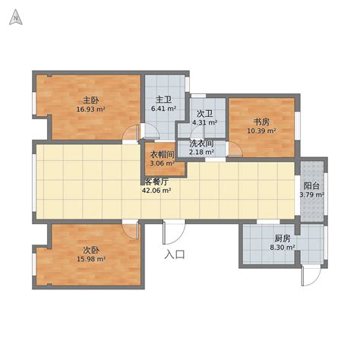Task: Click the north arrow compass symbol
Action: pyautogui.click(x=16, y=17)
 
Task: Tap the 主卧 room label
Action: pyautogui.click(x=91, y=100)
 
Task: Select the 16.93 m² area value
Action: pyautogui.click(x=91, y=109)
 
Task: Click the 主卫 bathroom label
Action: pyautogui.click(x=163, y=99)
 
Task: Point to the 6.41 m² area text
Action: pyautogui.click(x=163, y=109)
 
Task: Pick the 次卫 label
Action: pyautogui.click(x=204, y=114)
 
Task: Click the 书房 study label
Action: pyautogui.click(x=261, y=122)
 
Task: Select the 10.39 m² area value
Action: pyautogui.click(x=261, y=131)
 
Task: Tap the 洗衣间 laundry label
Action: pyautogui.click(x=202, y=144)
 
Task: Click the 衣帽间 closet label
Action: pyautogui.click(x=163, y=154)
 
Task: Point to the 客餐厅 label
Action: pyautogui.click(x=156, y=182)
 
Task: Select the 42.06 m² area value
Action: pyautogui.click(x=156, y=191)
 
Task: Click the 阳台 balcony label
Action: pyautogui.click(x=311, y=186)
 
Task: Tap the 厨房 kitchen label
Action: pyautogui.click(x=283, y=238)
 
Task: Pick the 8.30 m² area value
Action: pyautogui.click(x=283, y=248)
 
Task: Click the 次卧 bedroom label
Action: pyautogui.click(x=91, y=251)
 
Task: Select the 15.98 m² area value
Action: pyautogui.click(x=91, y=259)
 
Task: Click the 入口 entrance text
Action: pyautogui.click(x=175, y=254)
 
